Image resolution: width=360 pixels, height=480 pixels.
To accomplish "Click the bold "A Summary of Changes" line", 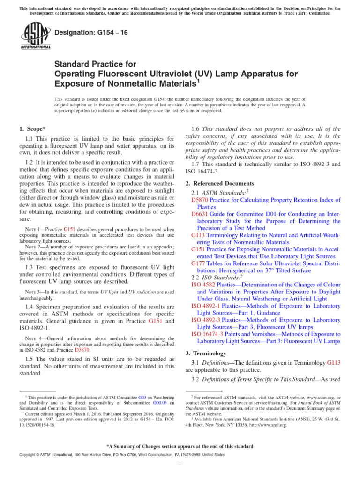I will tap(180, 446).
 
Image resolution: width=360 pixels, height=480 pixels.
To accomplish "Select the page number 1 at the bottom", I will tap(180, 464).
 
